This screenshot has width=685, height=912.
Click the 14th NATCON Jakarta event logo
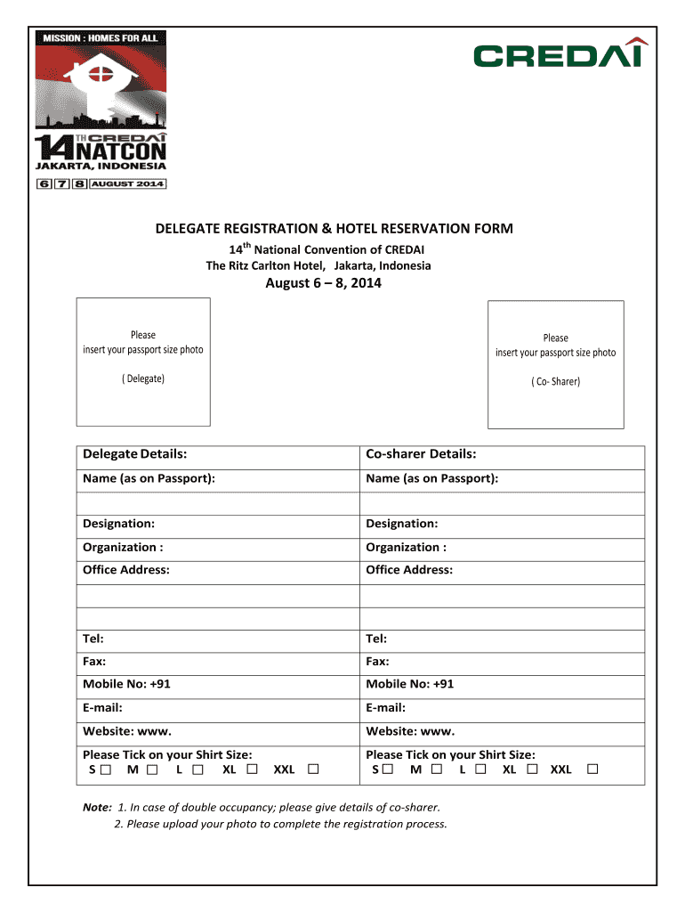101,111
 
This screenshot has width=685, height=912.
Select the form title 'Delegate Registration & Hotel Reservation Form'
334,229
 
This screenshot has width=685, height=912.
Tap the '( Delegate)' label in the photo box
143,379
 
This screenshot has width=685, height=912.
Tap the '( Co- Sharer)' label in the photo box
555,381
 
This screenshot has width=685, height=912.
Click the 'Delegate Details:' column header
134,454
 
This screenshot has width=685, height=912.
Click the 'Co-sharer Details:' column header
421,454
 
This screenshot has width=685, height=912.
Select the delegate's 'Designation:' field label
118,524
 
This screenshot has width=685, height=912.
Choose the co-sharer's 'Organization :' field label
406,547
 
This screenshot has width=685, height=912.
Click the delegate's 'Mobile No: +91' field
126,684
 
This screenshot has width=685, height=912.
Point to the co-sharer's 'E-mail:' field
385,707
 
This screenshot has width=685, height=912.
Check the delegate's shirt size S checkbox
107,769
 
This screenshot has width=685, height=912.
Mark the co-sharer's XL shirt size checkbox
532,769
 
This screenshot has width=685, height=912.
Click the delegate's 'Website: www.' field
126,731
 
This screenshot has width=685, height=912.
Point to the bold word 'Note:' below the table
97,807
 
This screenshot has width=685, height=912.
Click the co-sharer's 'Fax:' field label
377,661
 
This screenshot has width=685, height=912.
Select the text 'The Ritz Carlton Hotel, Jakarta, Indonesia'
318,266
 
